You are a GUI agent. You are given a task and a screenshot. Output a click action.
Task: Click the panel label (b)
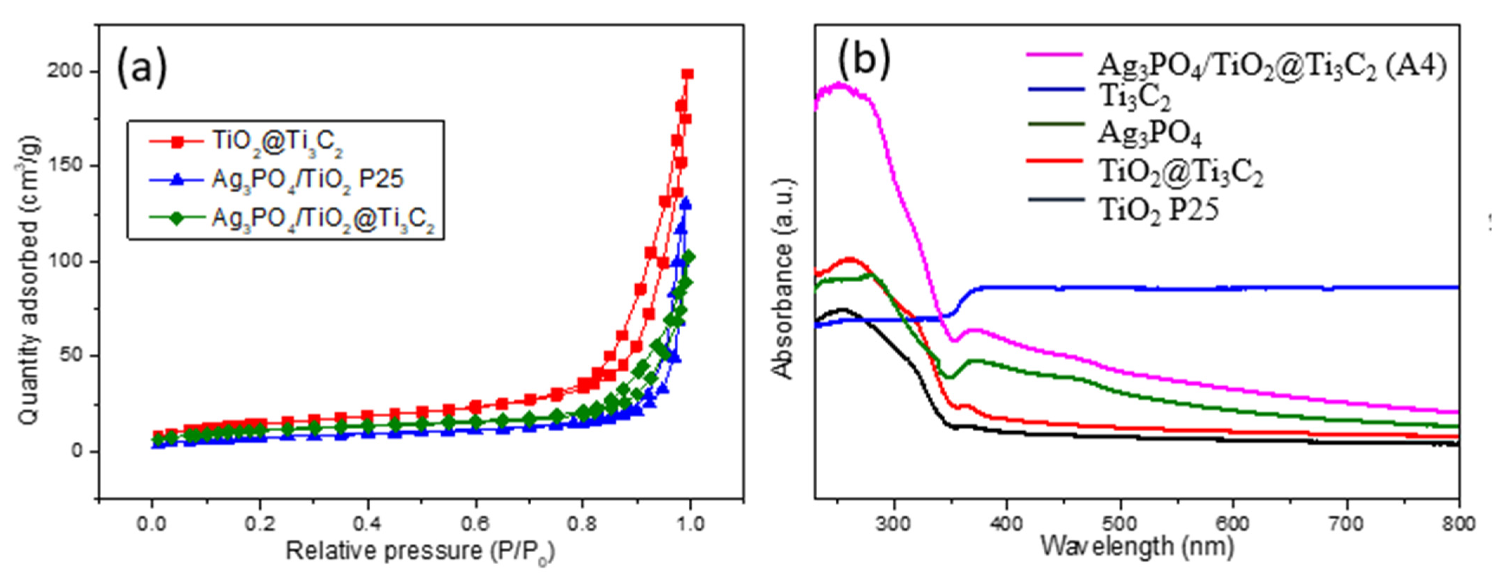click(863, 58)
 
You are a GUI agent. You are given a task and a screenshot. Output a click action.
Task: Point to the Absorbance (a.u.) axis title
click(783, 278)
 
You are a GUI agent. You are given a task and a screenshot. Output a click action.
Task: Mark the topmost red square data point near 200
click(688, 74)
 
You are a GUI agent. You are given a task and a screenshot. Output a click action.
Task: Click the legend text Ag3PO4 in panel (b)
click(1150, 135)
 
